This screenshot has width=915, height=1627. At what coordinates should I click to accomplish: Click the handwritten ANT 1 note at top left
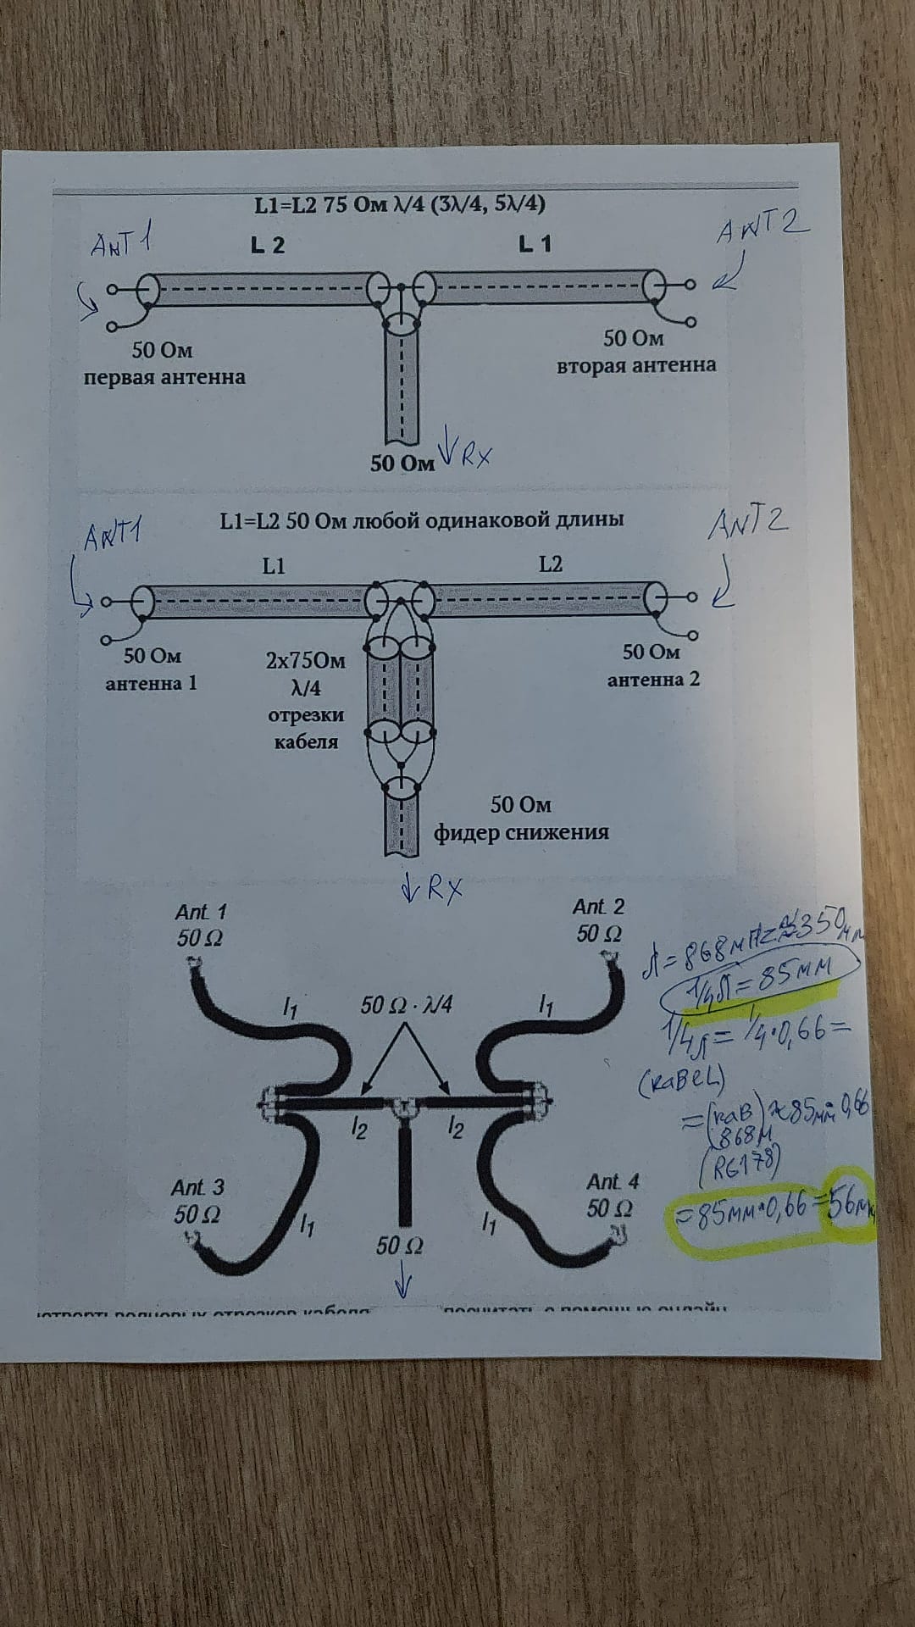click(x=122, y=244)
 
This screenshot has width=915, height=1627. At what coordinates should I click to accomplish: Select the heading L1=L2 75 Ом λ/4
click(x=399, y=205)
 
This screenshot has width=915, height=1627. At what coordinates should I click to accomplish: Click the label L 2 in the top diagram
click(x=268, y=246)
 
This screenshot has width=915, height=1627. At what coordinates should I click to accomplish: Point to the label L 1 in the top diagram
click(x=535, y=244)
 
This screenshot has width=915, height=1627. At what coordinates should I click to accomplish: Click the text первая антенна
click(x=164, y=377)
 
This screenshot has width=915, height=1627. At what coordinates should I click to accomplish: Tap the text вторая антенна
click(x=635, y=365)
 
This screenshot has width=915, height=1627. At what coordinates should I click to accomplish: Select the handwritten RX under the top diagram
click(x=468, y=454)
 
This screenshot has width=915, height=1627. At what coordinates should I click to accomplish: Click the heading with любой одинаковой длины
click(x=421, y=519)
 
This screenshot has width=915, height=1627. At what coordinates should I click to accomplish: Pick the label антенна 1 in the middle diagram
click(x=151, y=683)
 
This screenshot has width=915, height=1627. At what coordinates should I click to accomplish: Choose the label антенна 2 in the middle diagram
click(x=653, y=680)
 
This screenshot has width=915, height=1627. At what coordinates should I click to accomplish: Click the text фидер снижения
click(x=521, y=832)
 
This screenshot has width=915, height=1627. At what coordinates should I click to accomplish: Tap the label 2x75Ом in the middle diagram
click(x=306, y=659)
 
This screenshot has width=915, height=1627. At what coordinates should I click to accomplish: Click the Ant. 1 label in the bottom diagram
click(x=201, y=913)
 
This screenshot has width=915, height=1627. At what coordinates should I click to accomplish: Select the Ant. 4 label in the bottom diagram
click(x=613, y=1181)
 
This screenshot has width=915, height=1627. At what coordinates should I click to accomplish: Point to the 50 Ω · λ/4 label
click(x=406, y=1005)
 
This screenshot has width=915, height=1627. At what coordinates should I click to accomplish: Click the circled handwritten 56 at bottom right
click(x=850, y=1203)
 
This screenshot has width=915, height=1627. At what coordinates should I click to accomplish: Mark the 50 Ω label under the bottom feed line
click(x=400, y=1245)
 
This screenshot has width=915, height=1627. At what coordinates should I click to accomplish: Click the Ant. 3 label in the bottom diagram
click(x=199, y=1188)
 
